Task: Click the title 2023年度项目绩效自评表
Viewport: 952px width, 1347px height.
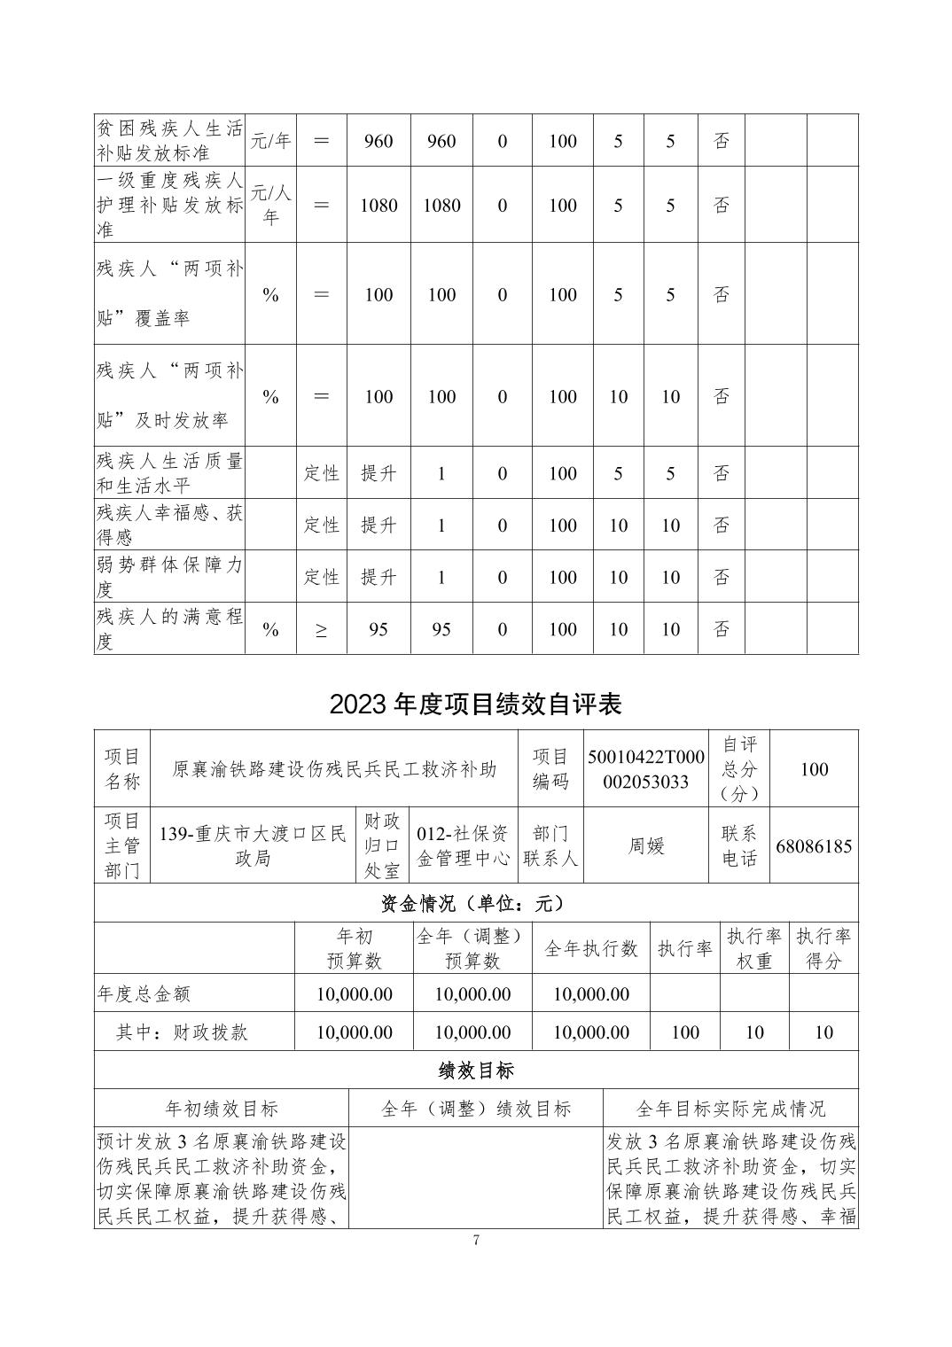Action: click(x=476, y=704)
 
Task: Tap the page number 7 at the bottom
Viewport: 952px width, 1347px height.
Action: click(x=476, y=1241)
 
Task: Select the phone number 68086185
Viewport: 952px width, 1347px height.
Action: click(x=814, y=845)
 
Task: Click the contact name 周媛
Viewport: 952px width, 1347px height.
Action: click(x=646, y=845)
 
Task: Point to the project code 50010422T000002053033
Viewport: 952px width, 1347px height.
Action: click(x=646, y=769)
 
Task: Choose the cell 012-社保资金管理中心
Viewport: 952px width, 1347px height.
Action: click(x=463, y=845)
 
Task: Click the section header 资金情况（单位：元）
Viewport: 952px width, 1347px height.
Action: click(x=476, y=903)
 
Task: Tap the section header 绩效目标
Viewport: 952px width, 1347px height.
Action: click(x=476, y=1071)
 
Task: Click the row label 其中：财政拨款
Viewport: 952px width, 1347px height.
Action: click(x=182, y=1032)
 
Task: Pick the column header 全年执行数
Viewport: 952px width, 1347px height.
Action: click(x=591, y=948)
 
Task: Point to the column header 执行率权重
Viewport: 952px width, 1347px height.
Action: click(x=753, y=948)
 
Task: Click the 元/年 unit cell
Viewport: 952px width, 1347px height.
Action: click(x=270, y=141)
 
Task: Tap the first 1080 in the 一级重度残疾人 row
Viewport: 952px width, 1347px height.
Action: click(x=378, y=206)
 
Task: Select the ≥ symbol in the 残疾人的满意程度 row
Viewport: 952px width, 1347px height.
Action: click(x=321, y=630)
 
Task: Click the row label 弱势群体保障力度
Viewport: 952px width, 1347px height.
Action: click(x=168, y=577)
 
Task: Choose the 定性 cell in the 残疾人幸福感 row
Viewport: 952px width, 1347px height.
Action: click(x=321, y=525)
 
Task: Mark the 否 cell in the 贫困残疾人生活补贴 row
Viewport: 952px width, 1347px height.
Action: click(x=722, y=141)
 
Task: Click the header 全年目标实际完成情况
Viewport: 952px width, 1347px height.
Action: click(x=730, y=1109)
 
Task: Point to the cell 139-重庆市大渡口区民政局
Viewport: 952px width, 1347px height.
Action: click(x=253, y=845)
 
